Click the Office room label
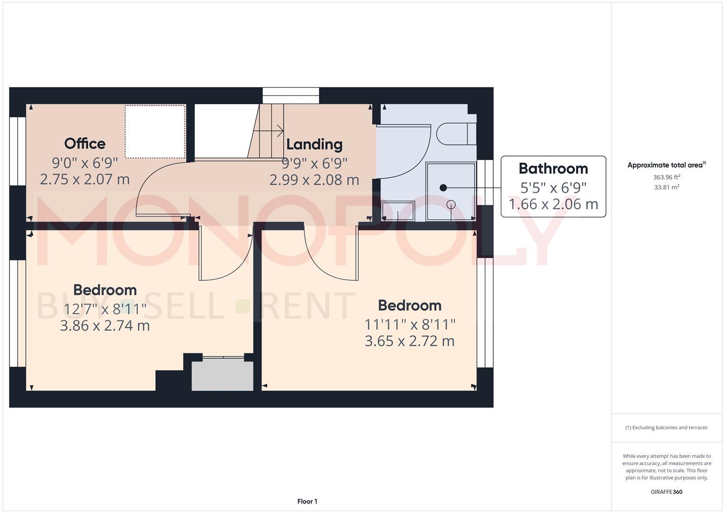pyautogui.click(x=85, y=143)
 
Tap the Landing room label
pyautogui.click(x=314, y=144)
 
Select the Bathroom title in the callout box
pyautogui.click(x=553, y=169)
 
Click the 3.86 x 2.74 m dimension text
pyautogui.click(x=105, y=326)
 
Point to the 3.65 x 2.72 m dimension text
pyautogui.click(x=409, y=341)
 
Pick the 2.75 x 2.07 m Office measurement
pyautogui.click(x=85, y=180)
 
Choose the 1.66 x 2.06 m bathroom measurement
pyautogui.click(x=553, y=204)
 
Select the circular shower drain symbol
pyautogui.click(x=451, y=205)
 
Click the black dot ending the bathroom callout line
pyautogui.click(x=443, y=188)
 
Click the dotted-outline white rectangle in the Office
pyautogui.click(x=155, y=132)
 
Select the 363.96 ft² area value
pyautogui.click(x=667, y=177)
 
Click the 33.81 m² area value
pyautogui.click(x=667, y=187)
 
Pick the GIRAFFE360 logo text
pyautogui.click(x=666, y=492)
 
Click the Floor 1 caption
pyautogui.click(x=307, y=501)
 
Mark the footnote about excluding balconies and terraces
pyautogui.click(x=666, y=427)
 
